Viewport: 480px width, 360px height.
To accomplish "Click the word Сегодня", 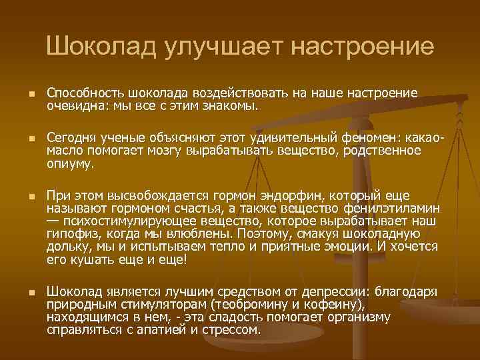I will [x=71, y=138].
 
